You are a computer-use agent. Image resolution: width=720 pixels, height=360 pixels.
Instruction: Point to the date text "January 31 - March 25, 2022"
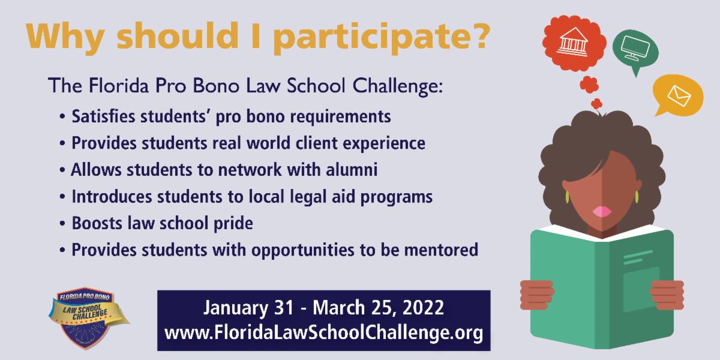coord(323,308)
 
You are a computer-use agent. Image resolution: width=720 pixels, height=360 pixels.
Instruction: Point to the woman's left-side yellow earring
coord(566,197)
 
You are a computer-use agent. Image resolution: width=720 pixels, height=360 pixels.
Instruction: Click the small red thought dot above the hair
coord(596,104)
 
